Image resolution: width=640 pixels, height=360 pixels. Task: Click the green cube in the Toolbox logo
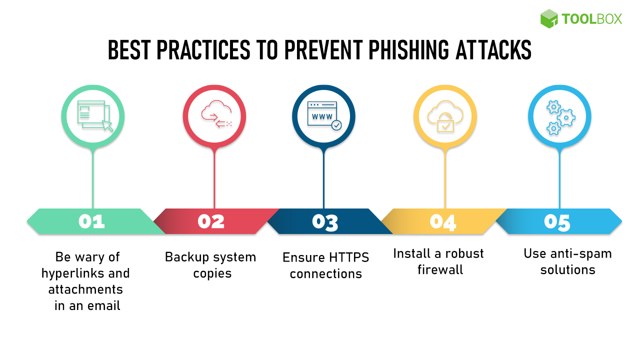[x=549, y=18]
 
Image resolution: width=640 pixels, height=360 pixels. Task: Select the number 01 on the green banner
[x=91, y=221]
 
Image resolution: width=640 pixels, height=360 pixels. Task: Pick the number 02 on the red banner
[x=211, y=221]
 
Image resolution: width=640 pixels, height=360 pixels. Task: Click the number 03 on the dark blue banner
[x=325, y=222]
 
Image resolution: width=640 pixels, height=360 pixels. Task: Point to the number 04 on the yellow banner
[x=443, y=221]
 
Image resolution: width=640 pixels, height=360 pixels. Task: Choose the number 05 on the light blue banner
[x=557, y=221]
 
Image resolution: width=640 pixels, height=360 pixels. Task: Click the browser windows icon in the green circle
[x=93, y=116]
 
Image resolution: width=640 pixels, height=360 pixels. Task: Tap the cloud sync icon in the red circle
[x=215, y=116]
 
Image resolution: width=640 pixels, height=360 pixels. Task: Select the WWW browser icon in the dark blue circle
[x=324, y=116]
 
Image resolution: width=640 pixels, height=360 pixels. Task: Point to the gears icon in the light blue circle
[x=559, y=117]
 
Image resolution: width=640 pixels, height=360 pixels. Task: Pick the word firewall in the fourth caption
[x=440, y=270]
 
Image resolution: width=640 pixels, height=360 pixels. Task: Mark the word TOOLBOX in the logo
[x=592, y=19]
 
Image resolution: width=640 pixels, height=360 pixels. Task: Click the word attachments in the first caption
[x=85, y=289]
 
